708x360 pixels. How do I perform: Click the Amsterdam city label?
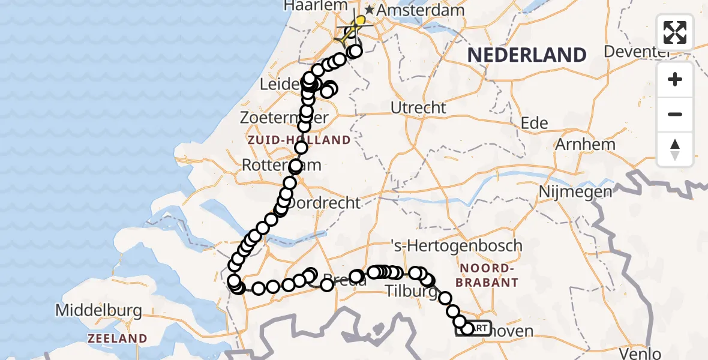point(421,10)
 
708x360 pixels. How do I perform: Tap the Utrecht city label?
point(419,108)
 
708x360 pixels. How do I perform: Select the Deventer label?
point(636,52)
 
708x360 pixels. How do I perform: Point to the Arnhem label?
point(586,145)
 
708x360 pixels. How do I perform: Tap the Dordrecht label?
point(324,203)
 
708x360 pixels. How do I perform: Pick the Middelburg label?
point(98,311)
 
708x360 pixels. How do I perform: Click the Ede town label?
point(535,124)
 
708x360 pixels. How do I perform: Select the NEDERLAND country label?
point(527,55)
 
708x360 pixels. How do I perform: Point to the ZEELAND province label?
point(117,338)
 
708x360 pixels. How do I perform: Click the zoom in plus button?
point(675,79)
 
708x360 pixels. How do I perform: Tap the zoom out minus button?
point(675,114)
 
